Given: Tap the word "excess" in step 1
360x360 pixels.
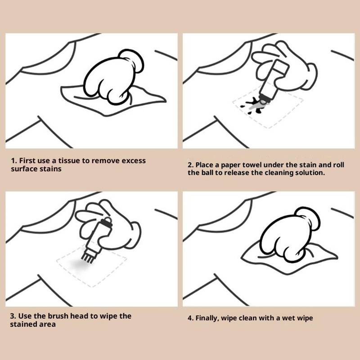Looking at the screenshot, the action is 134,161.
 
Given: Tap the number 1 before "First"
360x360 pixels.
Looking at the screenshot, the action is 13,161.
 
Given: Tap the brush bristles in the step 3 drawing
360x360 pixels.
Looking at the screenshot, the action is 87,256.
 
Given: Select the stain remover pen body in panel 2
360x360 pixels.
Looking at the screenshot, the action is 273,81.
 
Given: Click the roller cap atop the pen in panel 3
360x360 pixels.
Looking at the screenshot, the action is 107,222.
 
